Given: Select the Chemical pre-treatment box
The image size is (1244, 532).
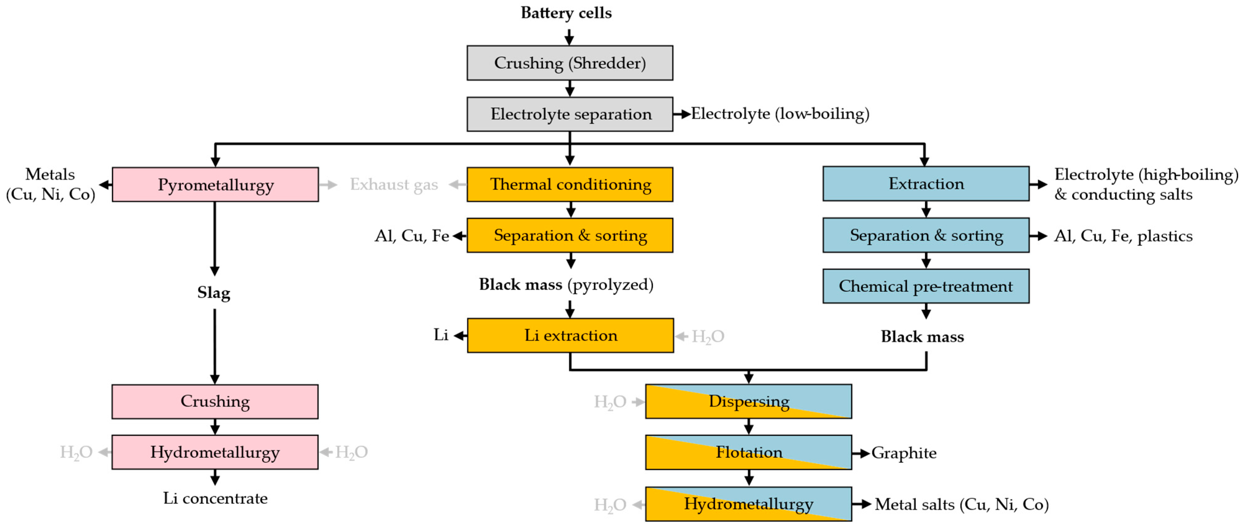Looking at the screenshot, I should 925,286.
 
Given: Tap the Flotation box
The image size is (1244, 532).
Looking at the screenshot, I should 748,452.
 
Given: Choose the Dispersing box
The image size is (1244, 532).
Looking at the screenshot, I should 748,401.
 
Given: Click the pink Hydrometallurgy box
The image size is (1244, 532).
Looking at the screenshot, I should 215,452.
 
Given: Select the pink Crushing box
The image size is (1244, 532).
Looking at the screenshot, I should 215,401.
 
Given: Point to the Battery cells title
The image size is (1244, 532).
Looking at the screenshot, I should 566,13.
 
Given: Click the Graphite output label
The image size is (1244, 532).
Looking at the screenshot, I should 904,453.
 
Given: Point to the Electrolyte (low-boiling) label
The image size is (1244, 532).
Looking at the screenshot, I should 780,114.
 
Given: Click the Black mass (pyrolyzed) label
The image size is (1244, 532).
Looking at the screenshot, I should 566,285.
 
